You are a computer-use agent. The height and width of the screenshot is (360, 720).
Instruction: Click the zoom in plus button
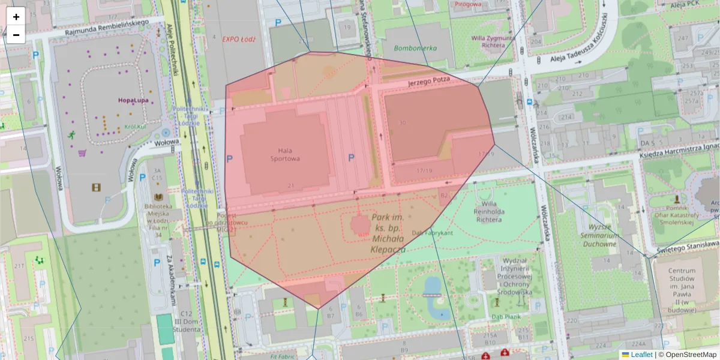click(x=16, y=17)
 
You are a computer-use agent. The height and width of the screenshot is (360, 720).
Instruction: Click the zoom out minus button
click(x=16, y=35)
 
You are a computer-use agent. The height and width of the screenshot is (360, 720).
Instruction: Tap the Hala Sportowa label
click(x=289, y=154)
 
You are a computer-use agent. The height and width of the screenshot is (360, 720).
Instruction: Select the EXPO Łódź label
click(x=239, y=39)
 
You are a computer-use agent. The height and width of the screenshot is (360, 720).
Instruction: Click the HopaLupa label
click(x=133, y=100)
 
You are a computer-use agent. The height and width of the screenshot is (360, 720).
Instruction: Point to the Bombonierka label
click(x=415, y=48)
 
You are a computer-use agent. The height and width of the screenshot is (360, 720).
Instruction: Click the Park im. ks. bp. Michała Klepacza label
click(x=387, y=233)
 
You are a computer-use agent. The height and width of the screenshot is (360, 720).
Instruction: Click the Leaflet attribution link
click(x=641, y=355)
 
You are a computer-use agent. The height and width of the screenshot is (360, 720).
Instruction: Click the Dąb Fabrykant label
click(x=431, y=232)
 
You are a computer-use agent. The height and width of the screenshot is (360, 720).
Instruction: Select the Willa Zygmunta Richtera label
click(x=493, y=41)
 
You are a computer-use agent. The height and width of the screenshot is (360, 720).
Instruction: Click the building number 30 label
click(x=402, y=123)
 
